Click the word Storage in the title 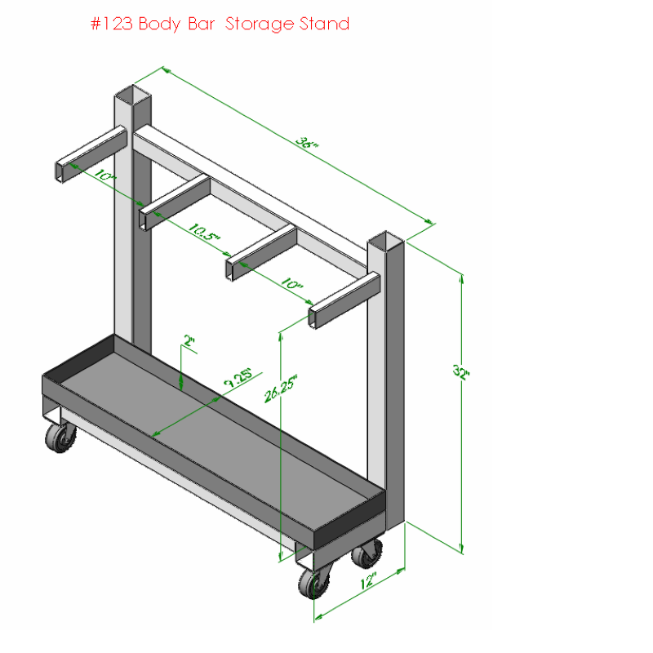click(x=260, y=24)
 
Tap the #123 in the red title click(x=112, y=24)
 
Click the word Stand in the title click(x=324, y=24)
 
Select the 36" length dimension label click(x=307, y=142)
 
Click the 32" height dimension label click(x=461, y=371)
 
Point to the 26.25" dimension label click(x=281, y=389)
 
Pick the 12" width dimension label click(x=368, y=580)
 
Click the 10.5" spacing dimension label click(x=203, y=233)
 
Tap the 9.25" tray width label click(x=238, y=377)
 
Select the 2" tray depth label click(x=189, y=341)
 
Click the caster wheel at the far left click(x=60, y=438)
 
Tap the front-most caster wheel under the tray click(x=314, y=582)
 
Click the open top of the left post click(x=133, y=95)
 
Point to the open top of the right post click(x=385, y=240)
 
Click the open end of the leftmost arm click(x=60, y=171)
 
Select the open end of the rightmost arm click(x=312, y=318)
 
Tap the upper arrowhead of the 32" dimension click(x=461, y=279)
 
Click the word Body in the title click(x=159, y=24)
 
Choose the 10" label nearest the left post click(x=104, y=175)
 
